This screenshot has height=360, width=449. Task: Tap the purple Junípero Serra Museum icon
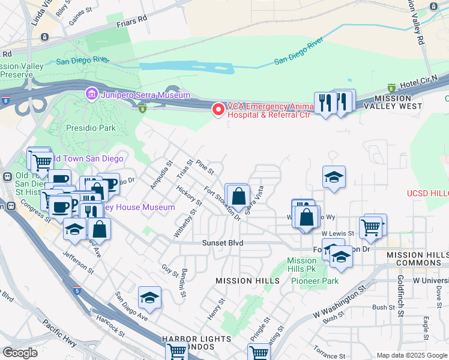(x=91, y=94)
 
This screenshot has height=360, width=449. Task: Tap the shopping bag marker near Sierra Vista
(x=238, y=196)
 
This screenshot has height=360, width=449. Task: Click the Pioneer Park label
(x=321, y=281)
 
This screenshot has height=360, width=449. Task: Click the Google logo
(x=20, y=353)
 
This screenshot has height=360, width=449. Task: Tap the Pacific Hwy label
(x=59, y=333)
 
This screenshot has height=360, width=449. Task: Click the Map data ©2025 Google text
(x=412, y=355)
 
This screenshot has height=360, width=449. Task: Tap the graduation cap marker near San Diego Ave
(x=149, y=298)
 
